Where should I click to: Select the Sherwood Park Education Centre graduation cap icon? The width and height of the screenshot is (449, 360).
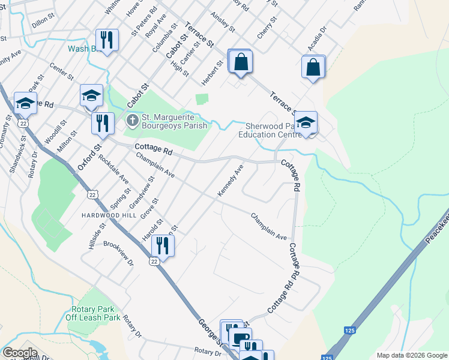(306, 124)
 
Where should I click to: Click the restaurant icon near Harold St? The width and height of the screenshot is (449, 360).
(162, 245)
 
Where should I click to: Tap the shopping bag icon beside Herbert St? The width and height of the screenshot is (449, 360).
(241, 62)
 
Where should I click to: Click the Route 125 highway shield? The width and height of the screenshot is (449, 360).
(349, 331)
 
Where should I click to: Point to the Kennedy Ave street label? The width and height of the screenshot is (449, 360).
(230, 180)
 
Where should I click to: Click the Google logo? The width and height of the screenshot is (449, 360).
(20, 353)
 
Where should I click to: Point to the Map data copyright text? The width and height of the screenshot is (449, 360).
(412, 355)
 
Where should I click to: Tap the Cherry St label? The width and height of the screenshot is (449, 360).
(267, 28)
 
